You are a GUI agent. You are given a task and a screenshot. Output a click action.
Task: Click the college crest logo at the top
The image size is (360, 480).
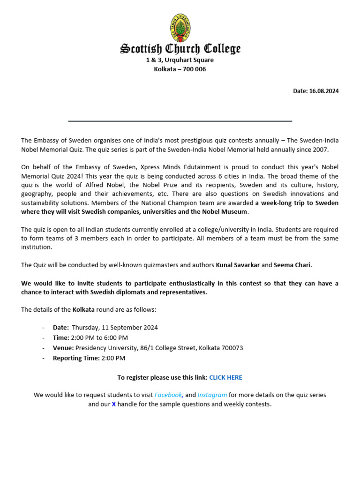pyautogui.click(x=180, y=28)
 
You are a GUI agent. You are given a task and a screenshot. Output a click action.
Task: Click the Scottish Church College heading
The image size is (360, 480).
pyautogui.click(x=180, y=49)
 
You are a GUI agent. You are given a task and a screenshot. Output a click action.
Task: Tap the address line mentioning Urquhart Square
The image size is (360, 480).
pyautogui.click(x=180, y=60)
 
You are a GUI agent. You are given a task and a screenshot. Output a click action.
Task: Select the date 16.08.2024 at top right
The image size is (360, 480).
pyautogui.click(x=323, y=91)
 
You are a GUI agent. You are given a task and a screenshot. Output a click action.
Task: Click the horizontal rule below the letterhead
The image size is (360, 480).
pyautogui.click(x=180, y=121)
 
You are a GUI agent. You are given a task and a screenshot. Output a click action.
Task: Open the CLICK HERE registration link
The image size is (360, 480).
pyautogui.click(x=225, y=377)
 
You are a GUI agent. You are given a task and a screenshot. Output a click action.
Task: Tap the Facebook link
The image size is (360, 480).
pyautogui.click(x=168, y=395)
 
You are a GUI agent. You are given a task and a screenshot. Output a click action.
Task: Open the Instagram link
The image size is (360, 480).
pyautogui.click(x=212, y=395)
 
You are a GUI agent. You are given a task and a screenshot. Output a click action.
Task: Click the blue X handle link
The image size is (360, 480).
pyautogui.click(x=113, y=404)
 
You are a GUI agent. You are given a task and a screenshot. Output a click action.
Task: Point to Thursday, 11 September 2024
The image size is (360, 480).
pyautogui.click(x=115, y=328)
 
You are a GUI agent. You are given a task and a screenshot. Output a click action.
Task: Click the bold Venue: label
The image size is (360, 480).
pyautogui.click(x=63, y=348)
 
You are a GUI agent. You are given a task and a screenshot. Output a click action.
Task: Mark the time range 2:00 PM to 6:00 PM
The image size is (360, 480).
pyautogui.click(x=99, y=337)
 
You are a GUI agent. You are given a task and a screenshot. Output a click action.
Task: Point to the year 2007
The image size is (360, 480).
pyautogui.click(x=321, y=150)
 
